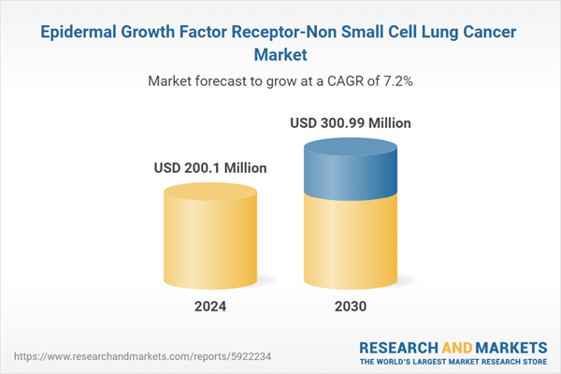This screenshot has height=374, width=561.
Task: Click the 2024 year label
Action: pos(210,306)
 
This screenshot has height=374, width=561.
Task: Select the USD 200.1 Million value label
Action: pos(210,168)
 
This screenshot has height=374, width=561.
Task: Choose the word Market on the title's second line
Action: pos(280,55)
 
